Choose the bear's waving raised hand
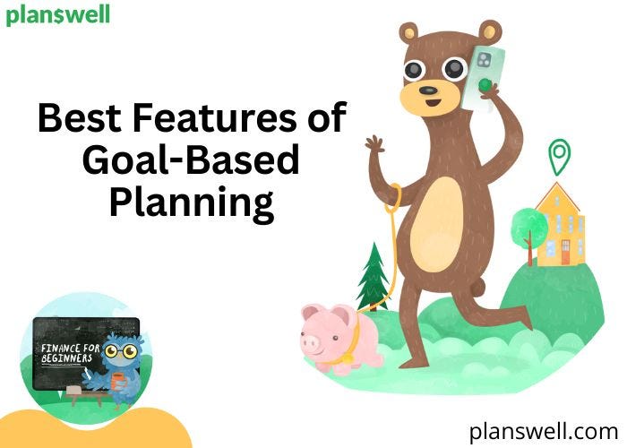point(374,149)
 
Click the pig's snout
point(310,341)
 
